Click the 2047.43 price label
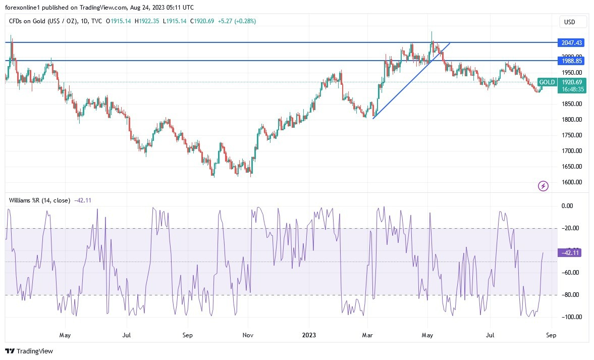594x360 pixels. [x=570, y=43]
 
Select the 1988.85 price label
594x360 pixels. [x=570, y=61]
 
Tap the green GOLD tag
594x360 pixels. [x=547, y=82]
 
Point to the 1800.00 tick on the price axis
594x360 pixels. [x=571, y=120]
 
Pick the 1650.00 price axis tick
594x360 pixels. [x=571, y=167]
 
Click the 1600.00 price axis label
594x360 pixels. [x=571, y=182]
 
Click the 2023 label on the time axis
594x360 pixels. [x=308, y=335]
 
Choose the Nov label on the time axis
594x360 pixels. [x=248, y=335]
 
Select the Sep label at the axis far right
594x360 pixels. [x=552, y=335]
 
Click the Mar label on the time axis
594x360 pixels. [x=368, y=335]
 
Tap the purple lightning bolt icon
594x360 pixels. [x=543, y=186]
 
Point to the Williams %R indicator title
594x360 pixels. [x=39, y=200]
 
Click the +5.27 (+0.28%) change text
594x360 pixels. [x=237, y=21]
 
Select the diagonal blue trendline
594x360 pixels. [x=411, y=81]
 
